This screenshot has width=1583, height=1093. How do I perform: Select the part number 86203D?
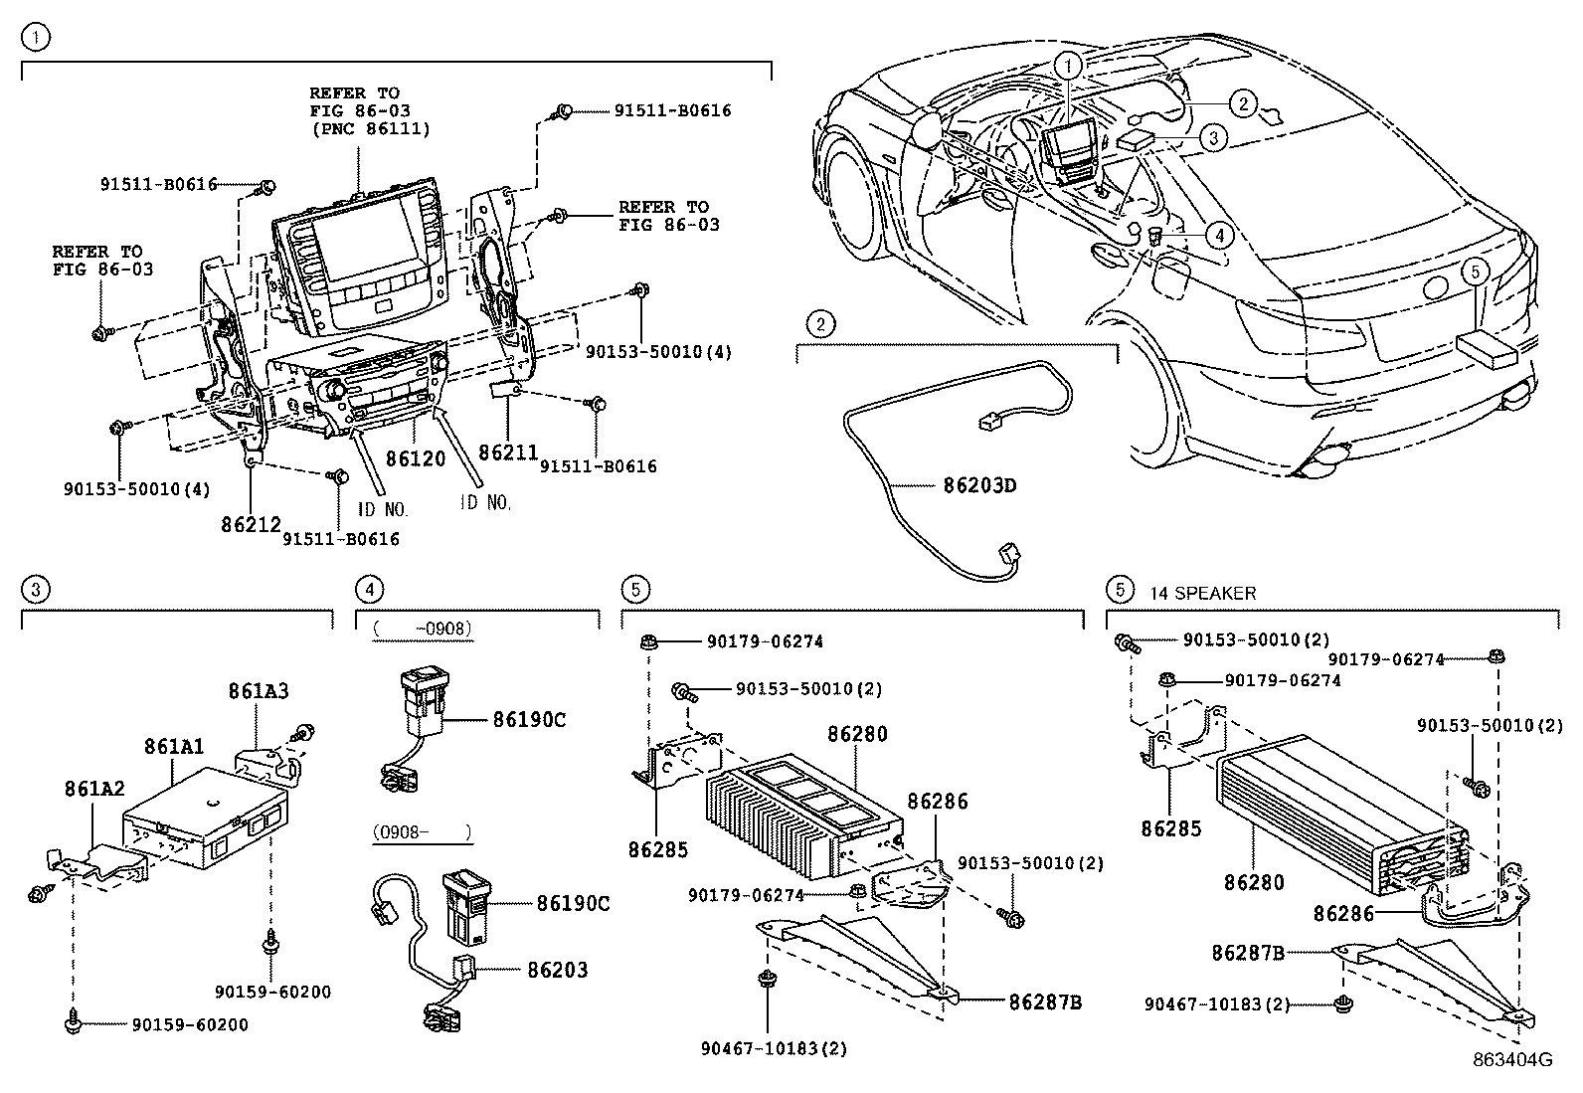(979, 486)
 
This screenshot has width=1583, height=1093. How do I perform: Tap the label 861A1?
(173, 746)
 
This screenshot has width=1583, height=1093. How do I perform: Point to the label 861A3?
(259, 690)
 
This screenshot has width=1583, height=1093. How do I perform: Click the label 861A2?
(94, 789)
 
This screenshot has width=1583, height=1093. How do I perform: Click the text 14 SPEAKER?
(1202, 594)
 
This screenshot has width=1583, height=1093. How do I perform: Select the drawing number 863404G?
(1512, 1060)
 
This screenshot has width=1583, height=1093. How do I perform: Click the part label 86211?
(508, 453)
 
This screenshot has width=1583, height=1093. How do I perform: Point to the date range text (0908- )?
(422, 830)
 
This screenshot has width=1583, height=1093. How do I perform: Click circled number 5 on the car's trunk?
(1476, 270)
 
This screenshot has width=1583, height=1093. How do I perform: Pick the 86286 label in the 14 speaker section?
(1343, 912)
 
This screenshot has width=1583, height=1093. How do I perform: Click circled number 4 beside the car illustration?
(1218, 235)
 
